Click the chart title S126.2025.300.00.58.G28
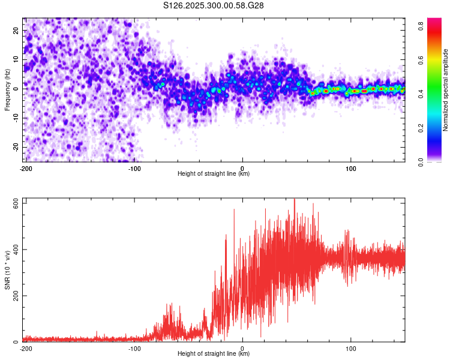[x=214, y=5]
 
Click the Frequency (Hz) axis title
[x=7, y=88]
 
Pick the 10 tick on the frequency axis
[x=16, y=59]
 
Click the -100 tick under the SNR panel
[x=134, y=349]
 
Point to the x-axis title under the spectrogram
[x=214, y=174]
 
